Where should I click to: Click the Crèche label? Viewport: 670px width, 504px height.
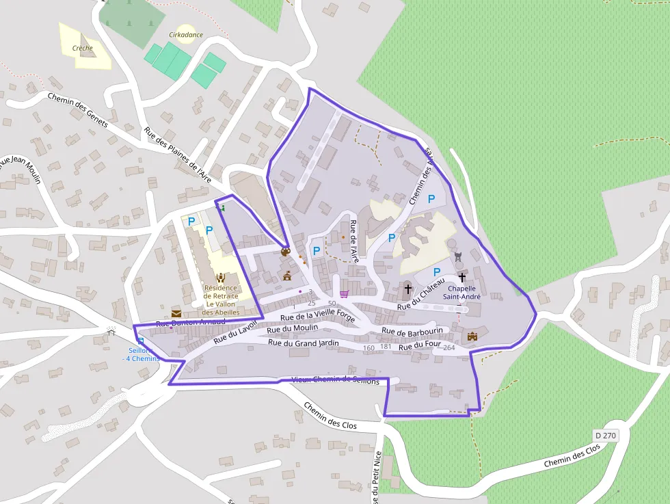(83, 49)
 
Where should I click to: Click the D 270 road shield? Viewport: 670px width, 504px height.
(605, 435)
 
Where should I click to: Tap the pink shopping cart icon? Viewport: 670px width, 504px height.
(344, 294)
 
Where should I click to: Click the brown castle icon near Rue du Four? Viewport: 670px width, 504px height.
(472, 336)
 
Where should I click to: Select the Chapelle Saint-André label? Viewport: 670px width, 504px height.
(462, 293)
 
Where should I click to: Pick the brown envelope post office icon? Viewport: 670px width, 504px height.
(176, 313)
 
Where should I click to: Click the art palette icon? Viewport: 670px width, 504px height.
(286, 252)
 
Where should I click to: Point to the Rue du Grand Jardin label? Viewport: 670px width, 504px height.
(304, 343)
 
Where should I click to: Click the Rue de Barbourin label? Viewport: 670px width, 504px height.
(412, 331)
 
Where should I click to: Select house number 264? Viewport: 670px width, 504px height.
(449, 348)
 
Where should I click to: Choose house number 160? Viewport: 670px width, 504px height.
(369, 348)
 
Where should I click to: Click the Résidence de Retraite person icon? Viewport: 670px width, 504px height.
(221, 277)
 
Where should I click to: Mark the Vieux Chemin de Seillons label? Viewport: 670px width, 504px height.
(335, 380)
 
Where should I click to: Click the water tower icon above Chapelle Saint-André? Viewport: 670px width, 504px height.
(458, 256)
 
